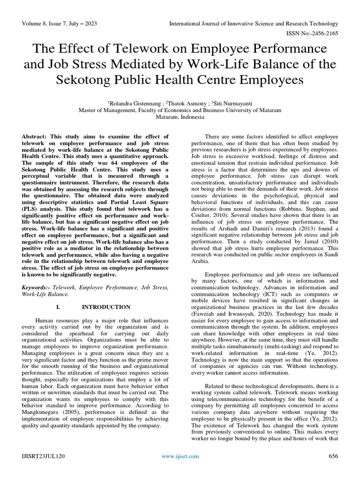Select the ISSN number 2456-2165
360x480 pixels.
[322, 34]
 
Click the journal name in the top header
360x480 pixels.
[254, 23]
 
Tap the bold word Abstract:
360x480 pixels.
[37, 136]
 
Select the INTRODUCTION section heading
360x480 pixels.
[106, 307]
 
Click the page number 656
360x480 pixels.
[333, 456]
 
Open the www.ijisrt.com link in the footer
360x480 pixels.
[180, 456]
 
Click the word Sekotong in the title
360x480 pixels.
[92, 80]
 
